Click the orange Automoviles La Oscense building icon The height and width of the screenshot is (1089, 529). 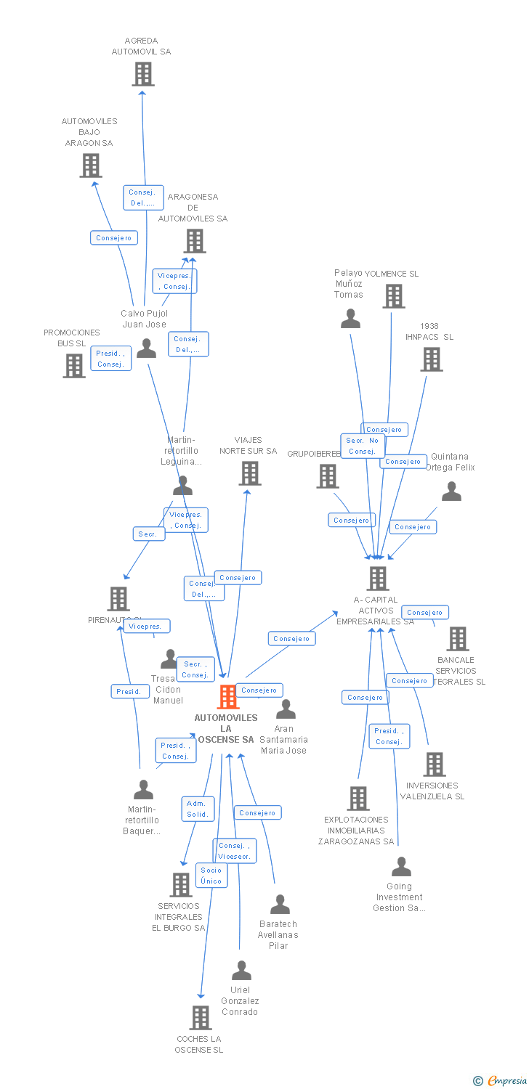pos(228,698)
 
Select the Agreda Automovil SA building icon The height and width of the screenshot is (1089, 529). pos(143,74)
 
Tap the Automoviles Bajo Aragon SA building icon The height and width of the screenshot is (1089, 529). pos(91,166)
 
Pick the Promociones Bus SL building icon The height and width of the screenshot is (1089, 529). pos(74,366)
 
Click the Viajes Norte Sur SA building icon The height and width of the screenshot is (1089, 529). pos(250,473)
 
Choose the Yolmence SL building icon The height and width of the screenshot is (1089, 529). pos(394,296)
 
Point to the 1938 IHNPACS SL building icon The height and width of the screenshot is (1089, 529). pos(432,359)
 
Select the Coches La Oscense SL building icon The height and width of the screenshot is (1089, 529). pos(201,1018)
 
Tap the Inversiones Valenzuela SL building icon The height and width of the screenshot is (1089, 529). pos(435,764)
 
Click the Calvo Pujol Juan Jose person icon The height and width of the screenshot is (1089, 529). pos(147,349)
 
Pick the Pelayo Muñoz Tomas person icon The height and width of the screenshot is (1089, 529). pos(351,319)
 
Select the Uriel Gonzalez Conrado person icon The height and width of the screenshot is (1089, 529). pos(241,971)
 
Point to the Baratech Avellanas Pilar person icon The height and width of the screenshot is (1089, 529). pos(280,905)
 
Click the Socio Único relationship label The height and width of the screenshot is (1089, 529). pos(211,876)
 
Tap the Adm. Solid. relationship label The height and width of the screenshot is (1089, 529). pos(197,809)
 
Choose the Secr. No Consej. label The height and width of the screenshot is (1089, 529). pos(362,446)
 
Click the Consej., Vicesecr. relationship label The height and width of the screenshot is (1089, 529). pos(235,851)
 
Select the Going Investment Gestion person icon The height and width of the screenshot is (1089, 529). pos(401,867)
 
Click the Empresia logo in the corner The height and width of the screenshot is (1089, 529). pos(501,1081)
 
